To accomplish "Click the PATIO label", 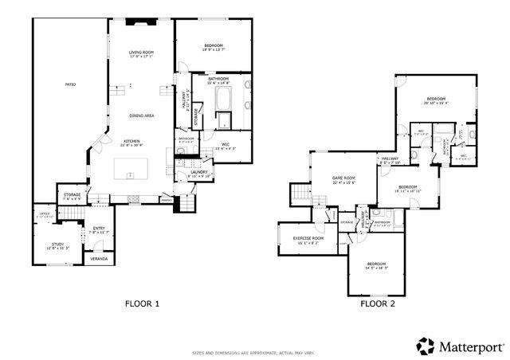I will coord(70,84).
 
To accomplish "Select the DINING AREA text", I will coord(143,115).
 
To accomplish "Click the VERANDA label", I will coord(99,259).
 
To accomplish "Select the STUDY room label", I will coord(58,245).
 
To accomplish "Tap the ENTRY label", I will coord(99,229).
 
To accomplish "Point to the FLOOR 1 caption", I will coord(143,303).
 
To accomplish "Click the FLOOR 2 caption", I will coord(377,303).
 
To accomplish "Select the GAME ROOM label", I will coord(343,178).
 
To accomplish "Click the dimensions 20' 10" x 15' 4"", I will coord(437,103).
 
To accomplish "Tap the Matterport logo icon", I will coord(425,346).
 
